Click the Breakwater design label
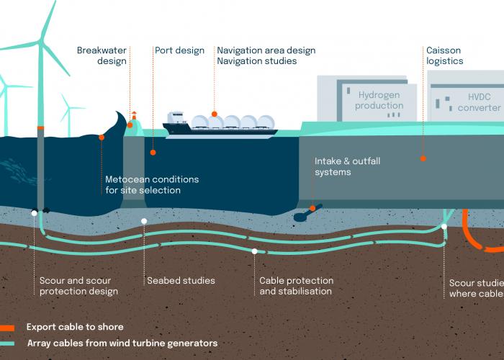tap(102, 56)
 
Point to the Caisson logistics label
tap(443, 56)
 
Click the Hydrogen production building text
tap(380, 99)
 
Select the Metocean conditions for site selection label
tap(152, 185)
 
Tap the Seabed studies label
tap(181, 281)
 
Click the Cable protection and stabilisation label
tap(296, 286)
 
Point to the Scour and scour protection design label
tap(78, 286)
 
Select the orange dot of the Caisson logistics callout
tap(423, 158)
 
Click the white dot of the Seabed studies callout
tap(144, 221)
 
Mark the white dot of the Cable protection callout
tap(255, 251)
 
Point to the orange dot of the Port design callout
tap(153, 153)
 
